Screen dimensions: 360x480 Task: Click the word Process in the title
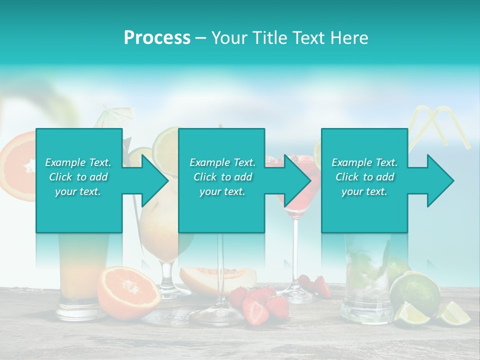(x=157, y=38)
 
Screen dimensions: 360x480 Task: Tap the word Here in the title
(x=350, y=38)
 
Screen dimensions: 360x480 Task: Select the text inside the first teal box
(x=78, y=176)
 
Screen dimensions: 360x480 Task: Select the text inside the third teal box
(x=364, y=176)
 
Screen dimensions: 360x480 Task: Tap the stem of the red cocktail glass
(x=296, y=250)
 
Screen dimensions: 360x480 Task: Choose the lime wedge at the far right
(x=454, y=314)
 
